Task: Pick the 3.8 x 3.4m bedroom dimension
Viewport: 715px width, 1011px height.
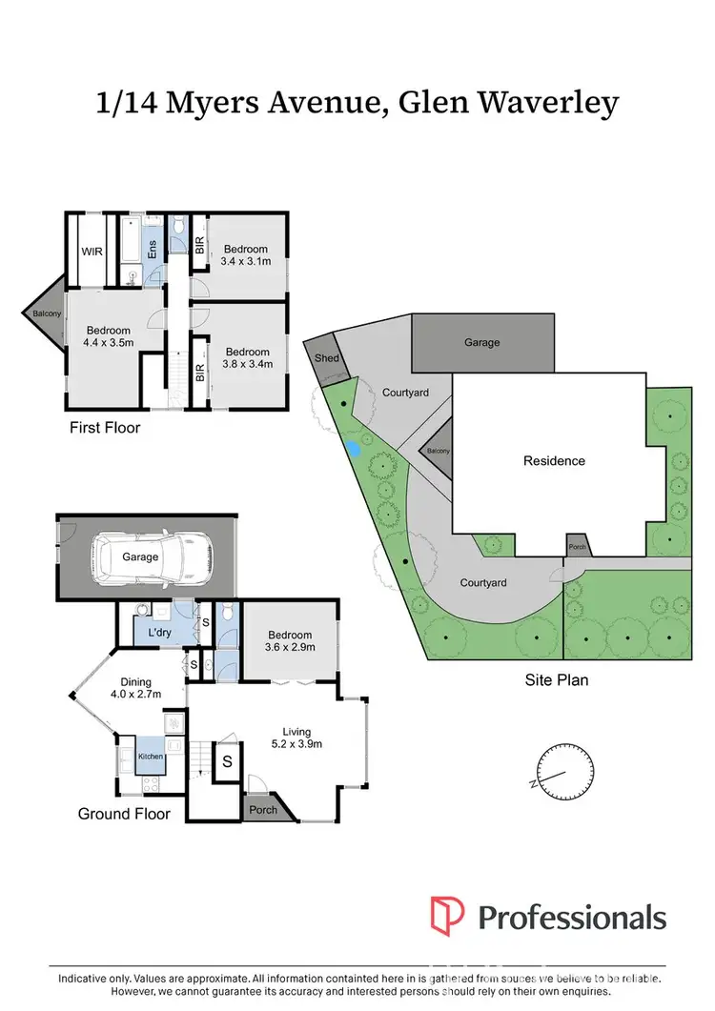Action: tap(247, 363)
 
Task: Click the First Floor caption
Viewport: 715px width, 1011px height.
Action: tap(105, 428)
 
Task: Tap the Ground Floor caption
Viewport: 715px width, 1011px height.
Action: tap(124, 814)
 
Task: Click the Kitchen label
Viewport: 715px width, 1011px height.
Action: tap(152, 757)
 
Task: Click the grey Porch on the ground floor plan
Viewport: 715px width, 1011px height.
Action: tap(263, 810)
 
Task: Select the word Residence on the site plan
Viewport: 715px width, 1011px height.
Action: tap(554, 460)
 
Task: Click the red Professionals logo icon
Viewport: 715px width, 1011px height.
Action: tap(447, 916)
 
